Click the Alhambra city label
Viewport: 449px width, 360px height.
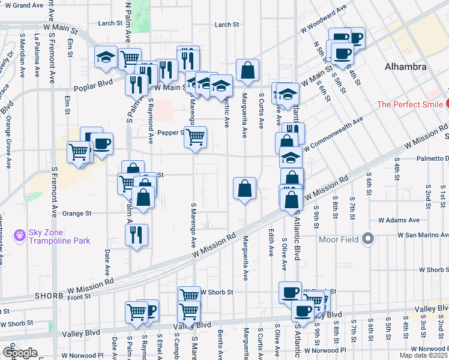[x=406, y=67]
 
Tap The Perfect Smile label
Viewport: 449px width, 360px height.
[x=409, y=104]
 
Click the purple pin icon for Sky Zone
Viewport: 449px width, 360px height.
[x=20, y=232]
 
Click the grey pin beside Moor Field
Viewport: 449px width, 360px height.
[x=369, y=240]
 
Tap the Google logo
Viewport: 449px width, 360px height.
[x=20, y=352]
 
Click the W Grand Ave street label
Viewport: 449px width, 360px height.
[x=22, y=5]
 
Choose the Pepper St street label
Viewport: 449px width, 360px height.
[x=169, y=133]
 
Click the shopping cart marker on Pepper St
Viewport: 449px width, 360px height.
[x=195, y=137]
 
